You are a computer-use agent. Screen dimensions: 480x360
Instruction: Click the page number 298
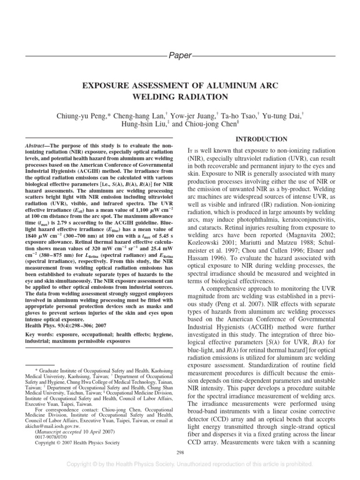180,452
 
